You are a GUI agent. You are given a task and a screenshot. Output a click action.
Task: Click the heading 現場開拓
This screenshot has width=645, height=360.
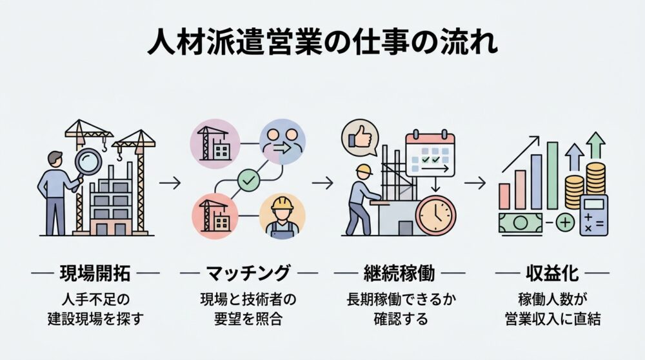click(95, 274)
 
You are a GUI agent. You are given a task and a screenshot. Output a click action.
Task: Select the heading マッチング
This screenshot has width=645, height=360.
click(248, 274)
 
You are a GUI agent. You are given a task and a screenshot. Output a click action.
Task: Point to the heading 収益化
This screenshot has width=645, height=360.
click(551, 274)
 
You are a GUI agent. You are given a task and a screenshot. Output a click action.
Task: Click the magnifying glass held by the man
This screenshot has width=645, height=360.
click(88, 161)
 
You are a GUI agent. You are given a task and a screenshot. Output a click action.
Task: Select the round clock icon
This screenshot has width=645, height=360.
click(435, 215)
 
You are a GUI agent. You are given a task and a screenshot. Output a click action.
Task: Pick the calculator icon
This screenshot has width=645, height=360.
click(593, 215)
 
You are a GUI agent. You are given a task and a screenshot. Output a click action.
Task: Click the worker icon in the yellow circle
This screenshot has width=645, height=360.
click(282, 215)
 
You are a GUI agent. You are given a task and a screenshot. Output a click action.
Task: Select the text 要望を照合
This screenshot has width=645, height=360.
click(248, 319)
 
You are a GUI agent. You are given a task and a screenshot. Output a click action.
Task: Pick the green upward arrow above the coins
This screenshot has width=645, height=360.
click(597, 146)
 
